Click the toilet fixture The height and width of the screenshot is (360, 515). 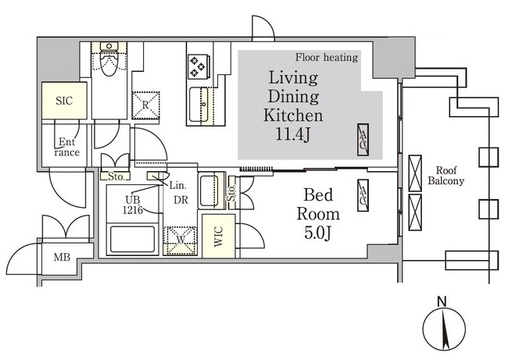(x=109, y=59)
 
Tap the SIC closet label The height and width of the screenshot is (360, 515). (x=64, y=101)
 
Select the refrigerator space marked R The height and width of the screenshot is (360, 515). (x=145, y=105)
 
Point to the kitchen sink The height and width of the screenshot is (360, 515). (x=199, y=105)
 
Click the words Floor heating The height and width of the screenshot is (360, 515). (x=326, y=58)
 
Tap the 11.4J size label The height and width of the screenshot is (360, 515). (x=292, y=134)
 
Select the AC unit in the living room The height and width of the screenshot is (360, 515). (x=363, y=140)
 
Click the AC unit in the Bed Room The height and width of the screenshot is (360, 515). (x=363, y=195)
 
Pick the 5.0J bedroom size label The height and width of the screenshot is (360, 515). (x=317, y=233)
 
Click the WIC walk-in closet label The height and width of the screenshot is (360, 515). (x=218, y=236)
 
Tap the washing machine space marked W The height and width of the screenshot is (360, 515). (x=181, y=241)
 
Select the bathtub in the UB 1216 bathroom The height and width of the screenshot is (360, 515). (x=132, y=238)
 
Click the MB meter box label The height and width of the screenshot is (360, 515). (x=62, y=257)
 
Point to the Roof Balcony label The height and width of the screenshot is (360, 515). (x=446, y=176)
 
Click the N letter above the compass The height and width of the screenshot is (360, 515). (x=442, y=301)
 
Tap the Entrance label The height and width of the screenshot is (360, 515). (x=67, y=147)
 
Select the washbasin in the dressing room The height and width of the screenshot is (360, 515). (x=209, y=190)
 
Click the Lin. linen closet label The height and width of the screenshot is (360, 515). (x=177, y=186)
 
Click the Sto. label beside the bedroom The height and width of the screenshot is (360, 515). (x=232, y=193)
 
